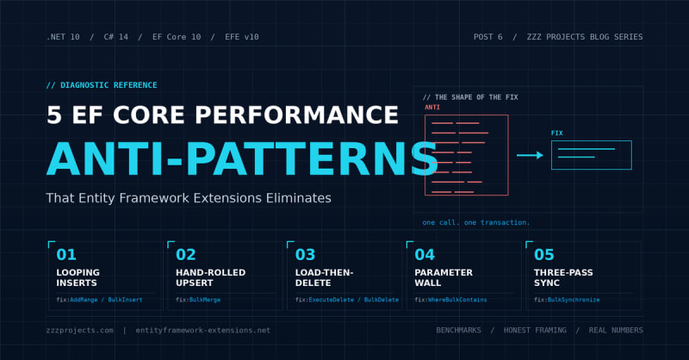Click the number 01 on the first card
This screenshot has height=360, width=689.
coord(66,255)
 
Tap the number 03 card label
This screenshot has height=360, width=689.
coord(306,255)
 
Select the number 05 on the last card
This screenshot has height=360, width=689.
coord(544,255)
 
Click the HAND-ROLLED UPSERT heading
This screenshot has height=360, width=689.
coord(210,277)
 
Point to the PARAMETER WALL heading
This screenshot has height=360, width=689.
coord(444,277)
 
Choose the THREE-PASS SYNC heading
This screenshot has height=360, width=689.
coord(563,277)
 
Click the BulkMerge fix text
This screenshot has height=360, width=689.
coord(205,300)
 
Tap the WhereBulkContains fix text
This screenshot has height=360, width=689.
coord(457,300)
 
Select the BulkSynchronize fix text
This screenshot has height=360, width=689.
coord(574,300)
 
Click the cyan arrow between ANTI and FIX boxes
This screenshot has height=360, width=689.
coord(530,155)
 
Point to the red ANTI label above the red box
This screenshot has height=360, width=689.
coord(432,108)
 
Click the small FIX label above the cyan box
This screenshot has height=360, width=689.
coord(556,133)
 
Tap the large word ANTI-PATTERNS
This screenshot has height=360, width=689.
coord(242,159)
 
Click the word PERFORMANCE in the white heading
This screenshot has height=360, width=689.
coord(296,115)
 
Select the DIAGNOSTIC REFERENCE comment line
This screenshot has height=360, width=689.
coord(102,85)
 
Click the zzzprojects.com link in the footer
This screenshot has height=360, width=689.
coord(79,330)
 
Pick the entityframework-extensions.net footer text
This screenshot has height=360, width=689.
coord(203,330)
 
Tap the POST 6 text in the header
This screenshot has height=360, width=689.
coord(487,37)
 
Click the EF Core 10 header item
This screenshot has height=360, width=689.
coord(177,37)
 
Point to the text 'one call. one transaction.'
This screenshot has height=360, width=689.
coord(476,222)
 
